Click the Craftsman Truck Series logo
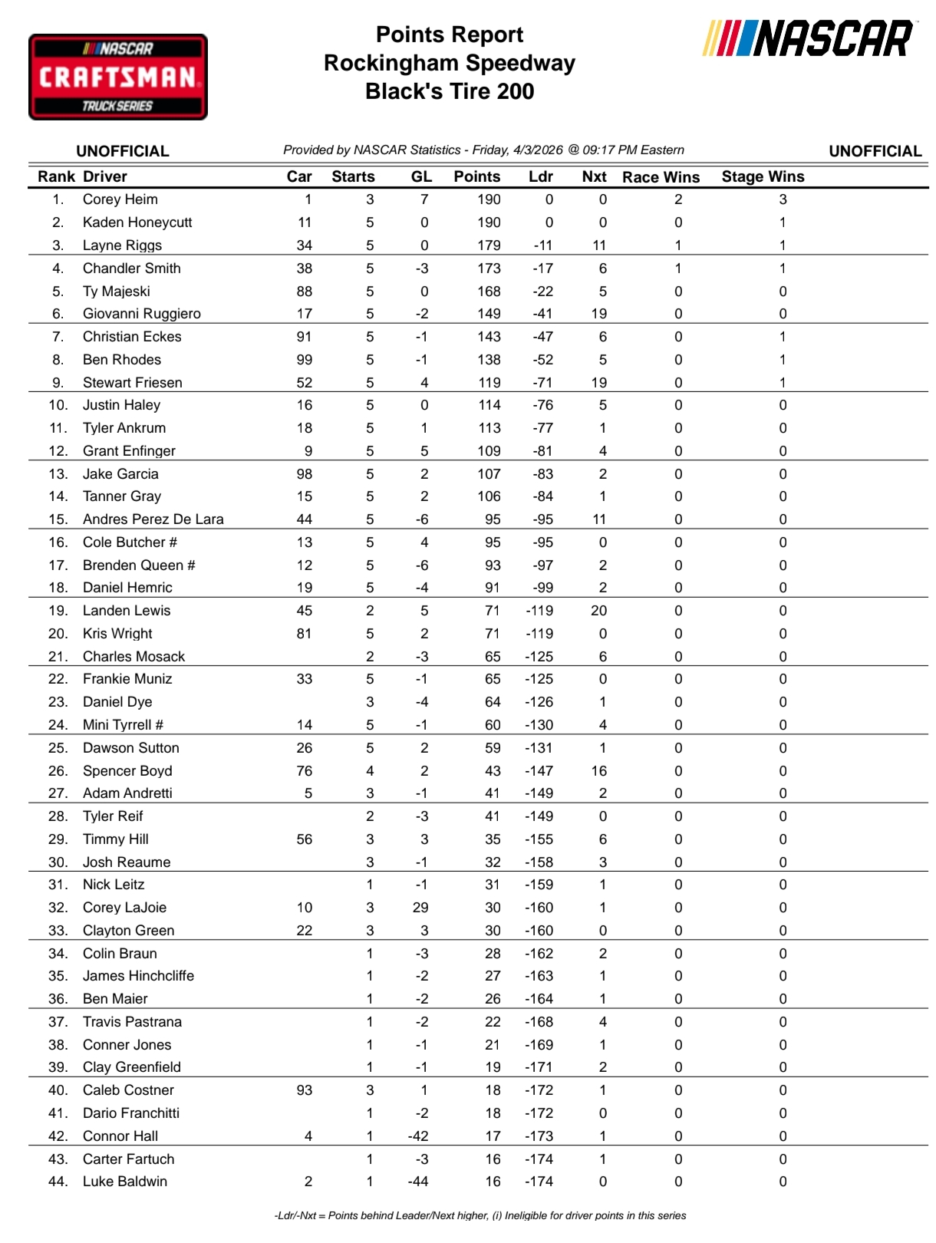point(118,77)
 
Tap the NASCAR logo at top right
point(809,39)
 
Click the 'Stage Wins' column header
point(763,176)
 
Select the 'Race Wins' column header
point(661,177)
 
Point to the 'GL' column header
point(421,176)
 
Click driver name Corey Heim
point(120,199)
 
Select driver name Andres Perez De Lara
point(153,519)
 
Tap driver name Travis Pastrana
point(132,1022)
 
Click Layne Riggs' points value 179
point(489,246)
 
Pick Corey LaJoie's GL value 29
point(420,908)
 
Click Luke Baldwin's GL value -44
point(418,1182)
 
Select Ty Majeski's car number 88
point(305,292)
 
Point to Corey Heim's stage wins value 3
point(783,199)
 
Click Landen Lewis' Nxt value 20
point(599,611)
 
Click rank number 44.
point(58,1182)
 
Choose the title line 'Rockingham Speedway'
point(450,63)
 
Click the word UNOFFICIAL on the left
point(123,151)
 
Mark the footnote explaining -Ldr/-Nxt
point(480,1215)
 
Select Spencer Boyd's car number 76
point(305,771)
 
